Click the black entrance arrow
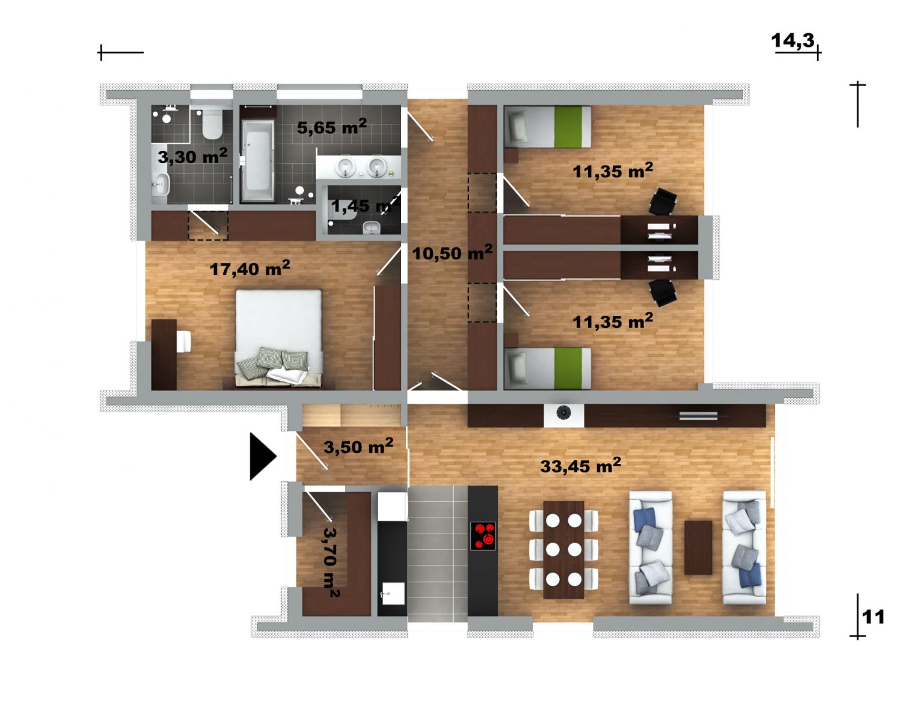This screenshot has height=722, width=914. pos(261,457)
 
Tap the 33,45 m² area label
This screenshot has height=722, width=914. pos(581,465)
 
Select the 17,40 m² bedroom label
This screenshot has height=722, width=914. pos(250,268)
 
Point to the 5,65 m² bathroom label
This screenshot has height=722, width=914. pos(332,126)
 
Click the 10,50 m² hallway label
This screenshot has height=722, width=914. pos(452,253)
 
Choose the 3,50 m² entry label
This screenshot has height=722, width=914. pos(358,446)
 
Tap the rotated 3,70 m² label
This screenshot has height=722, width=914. pos(331,562)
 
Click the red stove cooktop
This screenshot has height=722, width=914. pos(482,536)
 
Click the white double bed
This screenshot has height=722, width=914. pos(278,338)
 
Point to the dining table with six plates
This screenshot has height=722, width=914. pos(563,549)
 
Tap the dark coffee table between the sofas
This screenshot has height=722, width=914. pos(698,548)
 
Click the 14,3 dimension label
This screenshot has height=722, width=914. pos(793,41)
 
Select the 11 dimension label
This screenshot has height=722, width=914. pos(873,617)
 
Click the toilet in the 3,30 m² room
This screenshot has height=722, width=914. pos(212,124)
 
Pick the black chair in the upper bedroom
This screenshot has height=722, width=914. pos(663,201)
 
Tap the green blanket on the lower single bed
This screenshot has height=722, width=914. pos(568,368)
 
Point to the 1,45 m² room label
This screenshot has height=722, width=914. pos(365,206)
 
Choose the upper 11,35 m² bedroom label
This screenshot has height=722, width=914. pos(613,171)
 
